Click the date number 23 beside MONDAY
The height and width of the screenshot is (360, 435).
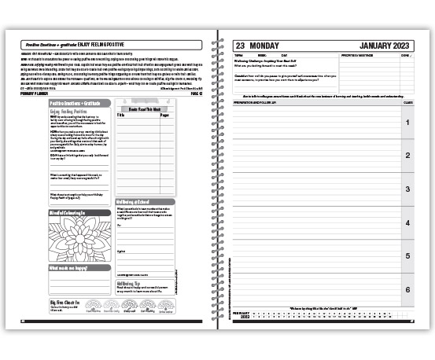pyautogui.click(x=241, y=46)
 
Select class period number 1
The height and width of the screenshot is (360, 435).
pyautogui.click(x=407, y=123)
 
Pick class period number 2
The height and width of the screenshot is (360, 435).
pyautogui.click(x=407, y=156)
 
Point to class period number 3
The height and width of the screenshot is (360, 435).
pyautogui.click(x=407, y=189)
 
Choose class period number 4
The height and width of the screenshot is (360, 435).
pyautogui.click(x=407, y=223)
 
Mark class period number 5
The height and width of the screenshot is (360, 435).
pyautogui.click(x=407, y=256)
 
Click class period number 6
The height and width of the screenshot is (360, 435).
pyautogui.click(x=407, y=290)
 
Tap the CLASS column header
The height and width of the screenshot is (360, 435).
pyautogui.click(x=407, y=103)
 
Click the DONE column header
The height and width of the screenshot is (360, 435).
pyautogui.click(x=405, y=56)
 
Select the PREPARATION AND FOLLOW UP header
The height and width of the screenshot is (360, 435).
pyautogui.click(x=256, y=103)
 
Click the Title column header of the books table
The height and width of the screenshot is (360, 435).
pyautogui.click(x=122, y=115)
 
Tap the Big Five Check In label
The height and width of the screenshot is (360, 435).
pyautogui.click(x=64, y=302)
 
